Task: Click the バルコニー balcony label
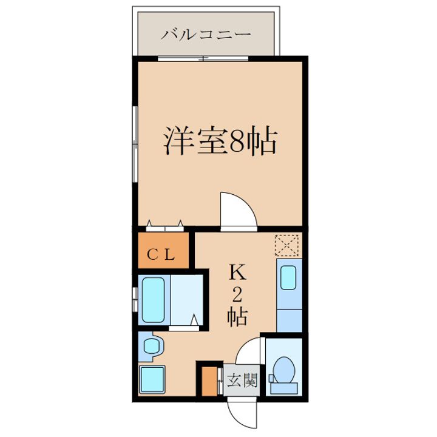pos(206,34)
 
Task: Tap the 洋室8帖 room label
pos(219,141)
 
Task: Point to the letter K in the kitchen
pos(237,273)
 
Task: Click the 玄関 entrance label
pos(242,381)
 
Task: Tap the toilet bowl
pos(283,370)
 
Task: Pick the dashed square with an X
pos(288,245)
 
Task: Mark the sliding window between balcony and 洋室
pos(203,58)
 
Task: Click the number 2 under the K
pos(237,295)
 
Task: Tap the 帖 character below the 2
pos(237,316)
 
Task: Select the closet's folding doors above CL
pos(164,226)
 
